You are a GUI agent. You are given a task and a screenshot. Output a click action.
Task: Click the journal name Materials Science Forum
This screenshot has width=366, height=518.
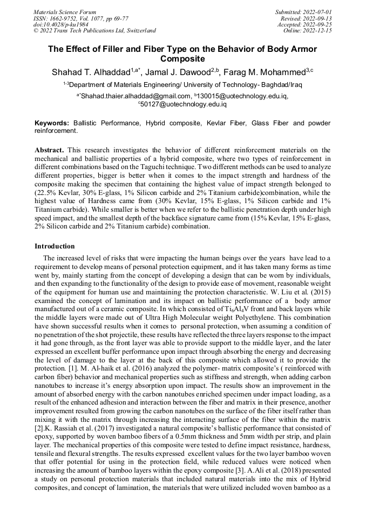[65, 11]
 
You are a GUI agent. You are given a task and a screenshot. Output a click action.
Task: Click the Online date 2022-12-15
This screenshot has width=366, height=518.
[308, 31]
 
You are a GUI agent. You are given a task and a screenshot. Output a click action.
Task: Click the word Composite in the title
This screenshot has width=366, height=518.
[182, 59]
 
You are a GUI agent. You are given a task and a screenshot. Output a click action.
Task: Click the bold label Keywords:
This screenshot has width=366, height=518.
[52, 123]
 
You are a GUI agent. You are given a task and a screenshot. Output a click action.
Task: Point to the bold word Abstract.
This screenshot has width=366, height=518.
[49, 149]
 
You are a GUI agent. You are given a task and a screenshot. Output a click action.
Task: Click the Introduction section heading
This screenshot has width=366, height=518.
[55, 246]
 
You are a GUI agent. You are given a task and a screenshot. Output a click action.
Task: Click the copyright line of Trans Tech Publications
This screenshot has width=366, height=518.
[95, 31]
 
